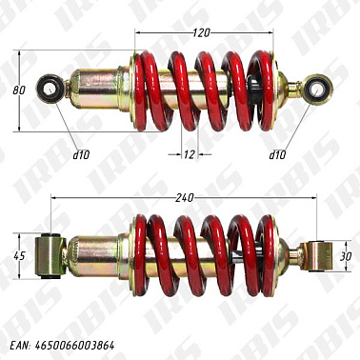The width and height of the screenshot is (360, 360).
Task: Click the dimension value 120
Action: click(199, 33)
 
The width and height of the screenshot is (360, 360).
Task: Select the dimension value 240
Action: click(185, 197)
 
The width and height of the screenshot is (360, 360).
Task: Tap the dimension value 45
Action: click(18, 255)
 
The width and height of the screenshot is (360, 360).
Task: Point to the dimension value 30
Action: click(348, 254)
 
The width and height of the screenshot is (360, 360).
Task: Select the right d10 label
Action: click(277, 153)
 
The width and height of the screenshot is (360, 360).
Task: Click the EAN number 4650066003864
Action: click(77, 344)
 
